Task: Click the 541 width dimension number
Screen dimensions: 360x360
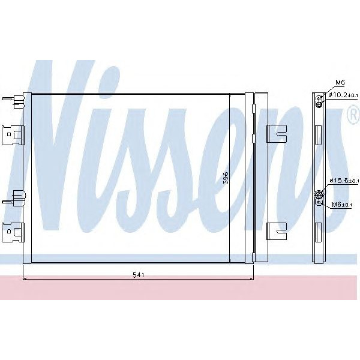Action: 137,275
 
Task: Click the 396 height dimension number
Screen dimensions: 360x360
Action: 226,179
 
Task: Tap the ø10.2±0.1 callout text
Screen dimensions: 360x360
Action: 344,95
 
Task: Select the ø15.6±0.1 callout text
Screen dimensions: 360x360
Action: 344,181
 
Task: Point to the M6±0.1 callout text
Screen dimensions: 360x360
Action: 344,205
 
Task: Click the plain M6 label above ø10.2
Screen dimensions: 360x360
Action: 340,82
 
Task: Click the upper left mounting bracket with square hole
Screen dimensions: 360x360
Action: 12,134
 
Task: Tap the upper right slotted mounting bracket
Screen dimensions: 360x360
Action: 276,134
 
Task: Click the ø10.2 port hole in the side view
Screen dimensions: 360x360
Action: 320,100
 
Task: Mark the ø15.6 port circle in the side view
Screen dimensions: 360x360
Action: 319,194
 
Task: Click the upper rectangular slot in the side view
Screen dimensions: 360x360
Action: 319,134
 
